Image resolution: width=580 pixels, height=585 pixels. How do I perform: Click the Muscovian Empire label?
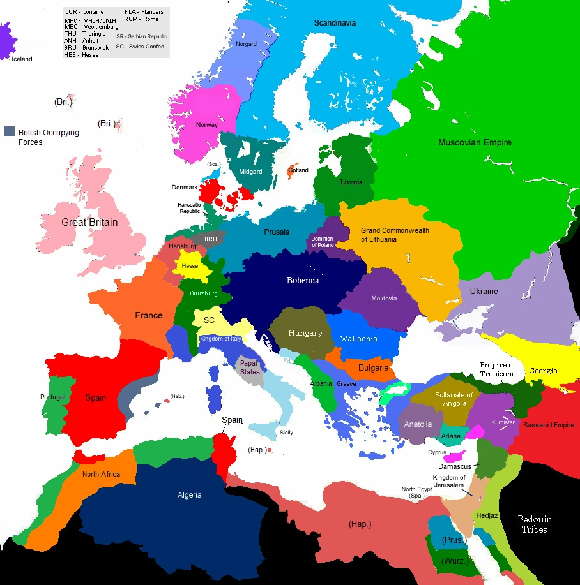tap(475, 143)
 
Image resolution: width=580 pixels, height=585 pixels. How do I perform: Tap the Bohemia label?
tap(303, 281)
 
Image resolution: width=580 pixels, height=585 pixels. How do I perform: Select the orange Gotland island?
tap(295, 170)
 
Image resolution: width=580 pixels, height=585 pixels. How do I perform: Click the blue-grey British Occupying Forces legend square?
tap(9, 132)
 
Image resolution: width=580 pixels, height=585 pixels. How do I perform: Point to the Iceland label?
tap(22, 59)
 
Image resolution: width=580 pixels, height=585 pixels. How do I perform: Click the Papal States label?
tap(250, 368)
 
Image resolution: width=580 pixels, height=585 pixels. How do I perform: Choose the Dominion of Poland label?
tap(322, 242)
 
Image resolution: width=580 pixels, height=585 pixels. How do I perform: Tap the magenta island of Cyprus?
tap(456, 457)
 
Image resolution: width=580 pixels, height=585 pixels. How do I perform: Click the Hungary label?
tap(305, 333)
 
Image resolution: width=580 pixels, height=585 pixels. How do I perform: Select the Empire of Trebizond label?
tap(498, 369)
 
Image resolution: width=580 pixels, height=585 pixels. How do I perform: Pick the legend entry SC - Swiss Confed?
tap(141, 47)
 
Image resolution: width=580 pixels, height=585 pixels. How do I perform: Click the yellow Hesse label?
tap(190, 265)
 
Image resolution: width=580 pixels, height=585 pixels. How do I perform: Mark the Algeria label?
tap(190, 495)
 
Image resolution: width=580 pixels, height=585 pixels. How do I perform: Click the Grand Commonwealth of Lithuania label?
tap(395, 235)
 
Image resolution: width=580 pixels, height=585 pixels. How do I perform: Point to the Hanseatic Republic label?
tap(189, 208)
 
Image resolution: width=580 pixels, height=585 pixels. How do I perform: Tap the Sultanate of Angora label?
tap(454, 399)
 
